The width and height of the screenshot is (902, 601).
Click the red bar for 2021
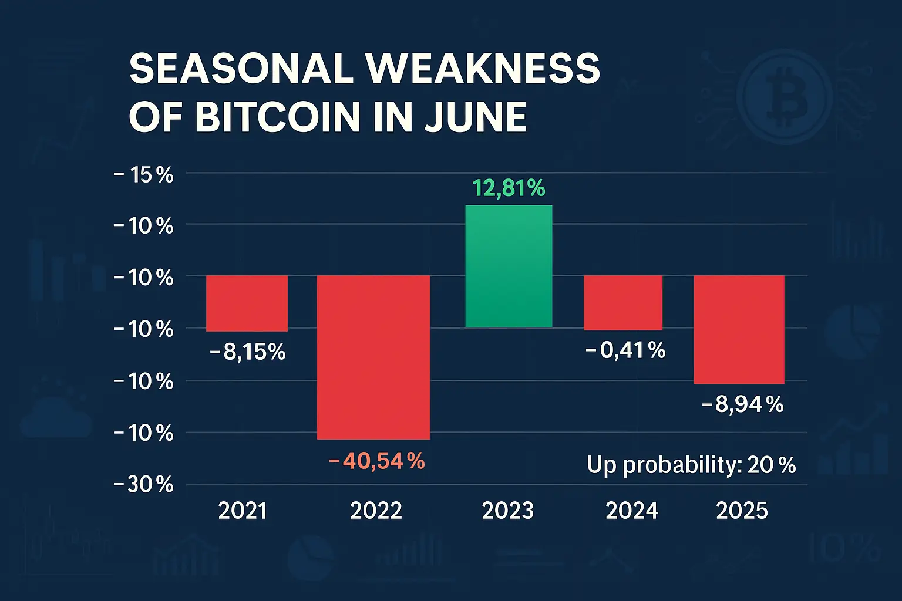[247, 303]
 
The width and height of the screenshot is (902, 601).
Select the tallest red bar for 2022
[373, 357]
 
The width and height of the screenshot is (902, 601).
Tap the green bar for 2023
[509, 266]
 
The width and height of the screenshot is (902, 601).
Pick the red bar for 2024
[623, 303]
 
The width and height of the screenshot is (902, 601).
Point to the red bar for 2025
[739, 329]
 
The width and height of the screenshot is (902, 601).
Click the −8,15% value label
[247, 352]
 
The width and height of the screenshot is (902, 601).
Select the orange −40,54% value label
[377, 461]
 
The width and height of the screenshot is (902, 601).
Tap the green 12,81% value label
[509, 188]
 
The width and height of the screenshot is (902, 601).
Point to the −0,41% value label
[625, 350]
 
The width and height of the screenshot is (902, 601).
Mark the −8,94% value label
[742, 404]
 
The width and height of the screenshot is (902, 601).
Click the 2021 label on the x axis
[243, 511]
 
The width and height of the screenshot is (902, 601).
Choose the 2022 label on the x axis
[376, 511]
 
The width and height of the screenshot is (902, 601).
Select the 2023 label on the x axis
[507, 511]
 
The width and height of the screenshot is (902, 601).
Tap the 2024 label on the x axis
[631, 511]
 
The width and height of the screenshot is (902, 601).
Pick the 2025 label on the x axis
[742, 511]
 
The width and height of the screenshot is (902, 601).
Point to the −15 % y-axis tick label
[143, 174]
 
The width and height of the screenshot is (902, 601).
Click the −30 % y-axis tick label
[143, 485]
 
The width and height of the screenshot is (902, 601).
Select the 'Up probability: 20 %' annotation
[691, 465]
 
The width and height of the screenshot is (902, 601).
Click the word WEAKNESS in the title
[483, 69]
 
